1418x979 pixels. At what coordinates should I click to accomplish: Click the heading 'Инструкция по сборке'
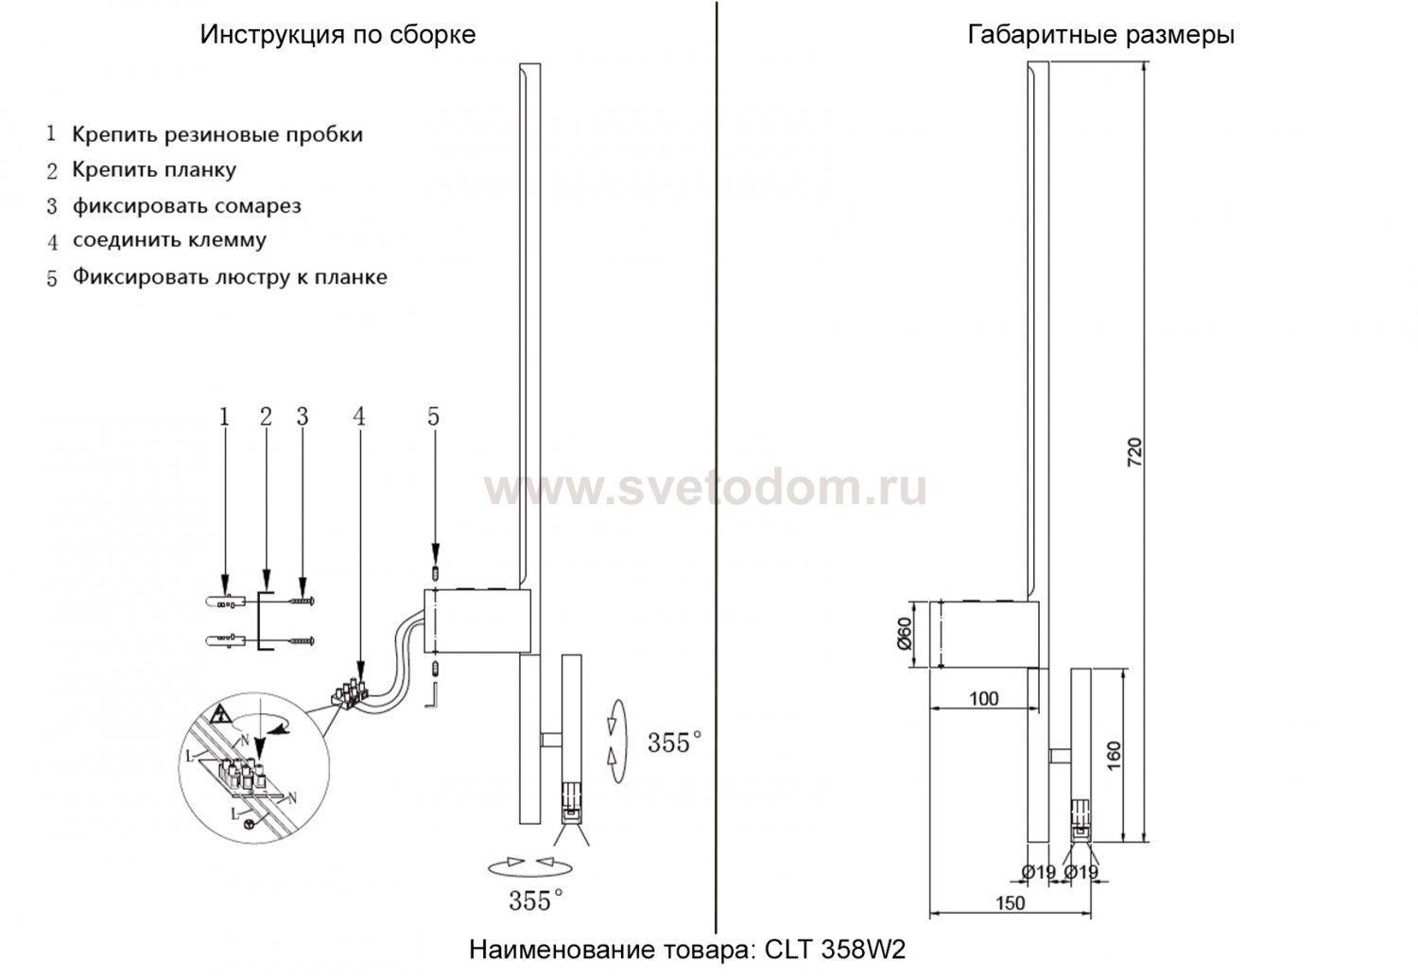337,35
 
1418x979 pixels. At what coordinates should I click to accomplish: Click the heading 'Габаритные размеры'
1101,35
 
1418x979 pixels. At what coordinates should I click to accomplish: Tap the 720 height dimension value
1135,452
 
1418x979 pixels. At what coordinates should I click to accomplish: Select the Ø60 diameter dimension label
905,634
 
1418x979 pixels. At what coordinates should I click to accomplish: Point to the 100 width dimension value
984,698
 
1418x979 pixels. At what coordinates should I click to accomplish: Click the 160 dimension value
1115,756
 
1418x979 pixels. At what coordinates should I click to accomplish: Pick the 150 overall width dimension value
1010,902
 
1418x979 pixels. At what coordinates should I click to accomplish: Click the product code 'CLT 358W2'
835,950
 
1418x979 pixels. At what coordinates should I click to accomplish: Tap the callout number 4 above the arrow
359,417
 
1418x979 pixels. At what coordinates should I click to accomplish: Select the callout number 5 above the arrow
433,417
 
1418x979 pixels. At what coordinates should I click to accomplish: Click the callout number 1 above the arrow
224,417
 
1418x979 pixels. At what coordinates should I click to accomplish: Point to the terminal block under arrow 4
350,693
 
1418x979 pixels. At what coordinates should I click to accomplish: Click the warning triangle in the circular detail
219,713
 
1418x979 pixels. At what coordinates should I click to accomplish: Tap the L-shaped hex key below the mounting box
432,695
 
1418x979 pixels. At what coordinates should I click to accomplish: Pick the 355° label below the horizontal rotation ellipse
536,900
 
